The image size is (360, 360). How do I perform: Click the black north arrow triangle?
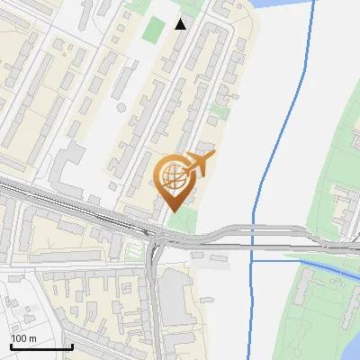coord(181,23)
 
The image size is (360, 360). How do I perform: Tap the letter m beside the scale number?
coord(33,337)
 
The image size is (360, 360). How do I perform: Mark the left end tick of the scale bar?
coord(11,346)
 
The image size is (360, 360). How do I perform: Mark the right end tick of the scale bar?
coord(72,346)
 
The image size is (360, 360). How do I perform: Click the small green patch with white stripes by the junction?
coord(135,249)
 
